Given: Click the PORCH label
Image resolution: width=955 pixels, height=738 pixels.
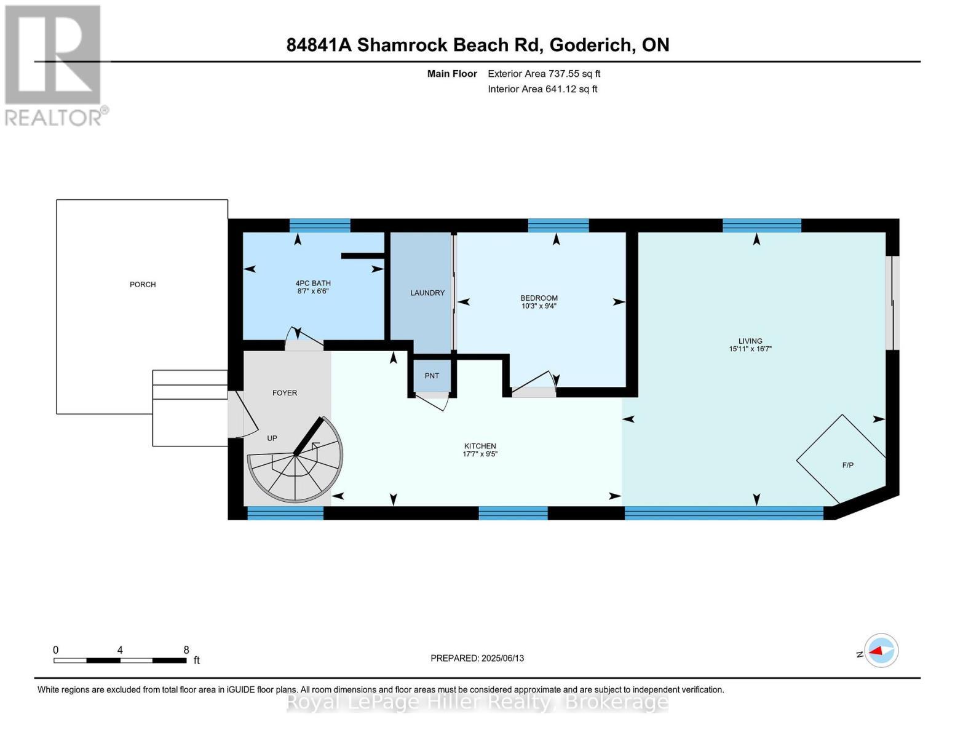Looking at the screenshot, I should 143,284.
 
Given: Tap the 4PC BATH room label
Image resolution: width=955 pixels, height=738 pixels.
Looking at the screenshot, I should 313,284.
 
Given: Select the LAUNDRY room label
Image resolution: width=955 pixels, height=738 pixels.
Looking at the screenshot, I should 427,293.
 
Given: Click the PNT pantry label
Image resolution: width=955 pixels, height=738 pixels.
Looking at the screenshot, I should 432,376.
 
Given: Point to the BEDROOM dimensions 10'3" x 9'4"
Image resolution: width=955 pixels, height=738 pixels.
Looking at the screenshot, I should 539,306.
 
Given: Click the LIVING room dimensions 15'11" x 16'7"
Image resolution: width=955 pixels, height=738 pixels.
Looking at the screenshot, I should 750,349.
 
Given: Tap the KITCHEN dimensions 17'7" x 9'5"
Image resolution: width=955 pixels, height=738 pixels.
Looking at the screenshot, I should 480,454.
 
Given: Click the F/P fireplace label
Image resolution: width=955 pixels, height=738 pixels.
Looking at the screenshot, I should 847,465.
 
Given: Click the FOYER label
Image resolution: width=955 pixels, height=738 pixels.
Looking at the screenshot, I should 285,392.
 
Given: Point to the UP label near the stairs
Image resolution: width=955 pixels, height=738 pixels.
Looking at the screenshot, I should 272,438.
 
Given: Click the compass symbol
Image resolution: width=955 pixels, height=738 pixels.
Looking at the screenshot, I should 881,650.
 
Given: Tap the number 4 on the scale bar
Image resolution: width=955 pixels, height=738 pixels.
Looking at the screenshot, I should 120,649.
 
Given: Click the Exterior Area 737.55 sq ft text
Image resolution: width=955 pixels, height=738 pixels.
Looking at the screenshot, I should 544,74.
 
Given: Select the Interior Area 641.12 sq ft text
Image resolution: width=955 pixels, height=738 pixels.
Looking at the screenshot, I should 542,89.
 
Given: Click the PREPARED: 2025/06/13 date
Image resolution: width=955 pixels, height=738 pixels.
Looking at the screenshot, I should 477,658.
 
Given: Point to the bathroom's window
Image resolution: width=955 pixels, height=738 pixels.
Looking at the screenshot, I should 320,225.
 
